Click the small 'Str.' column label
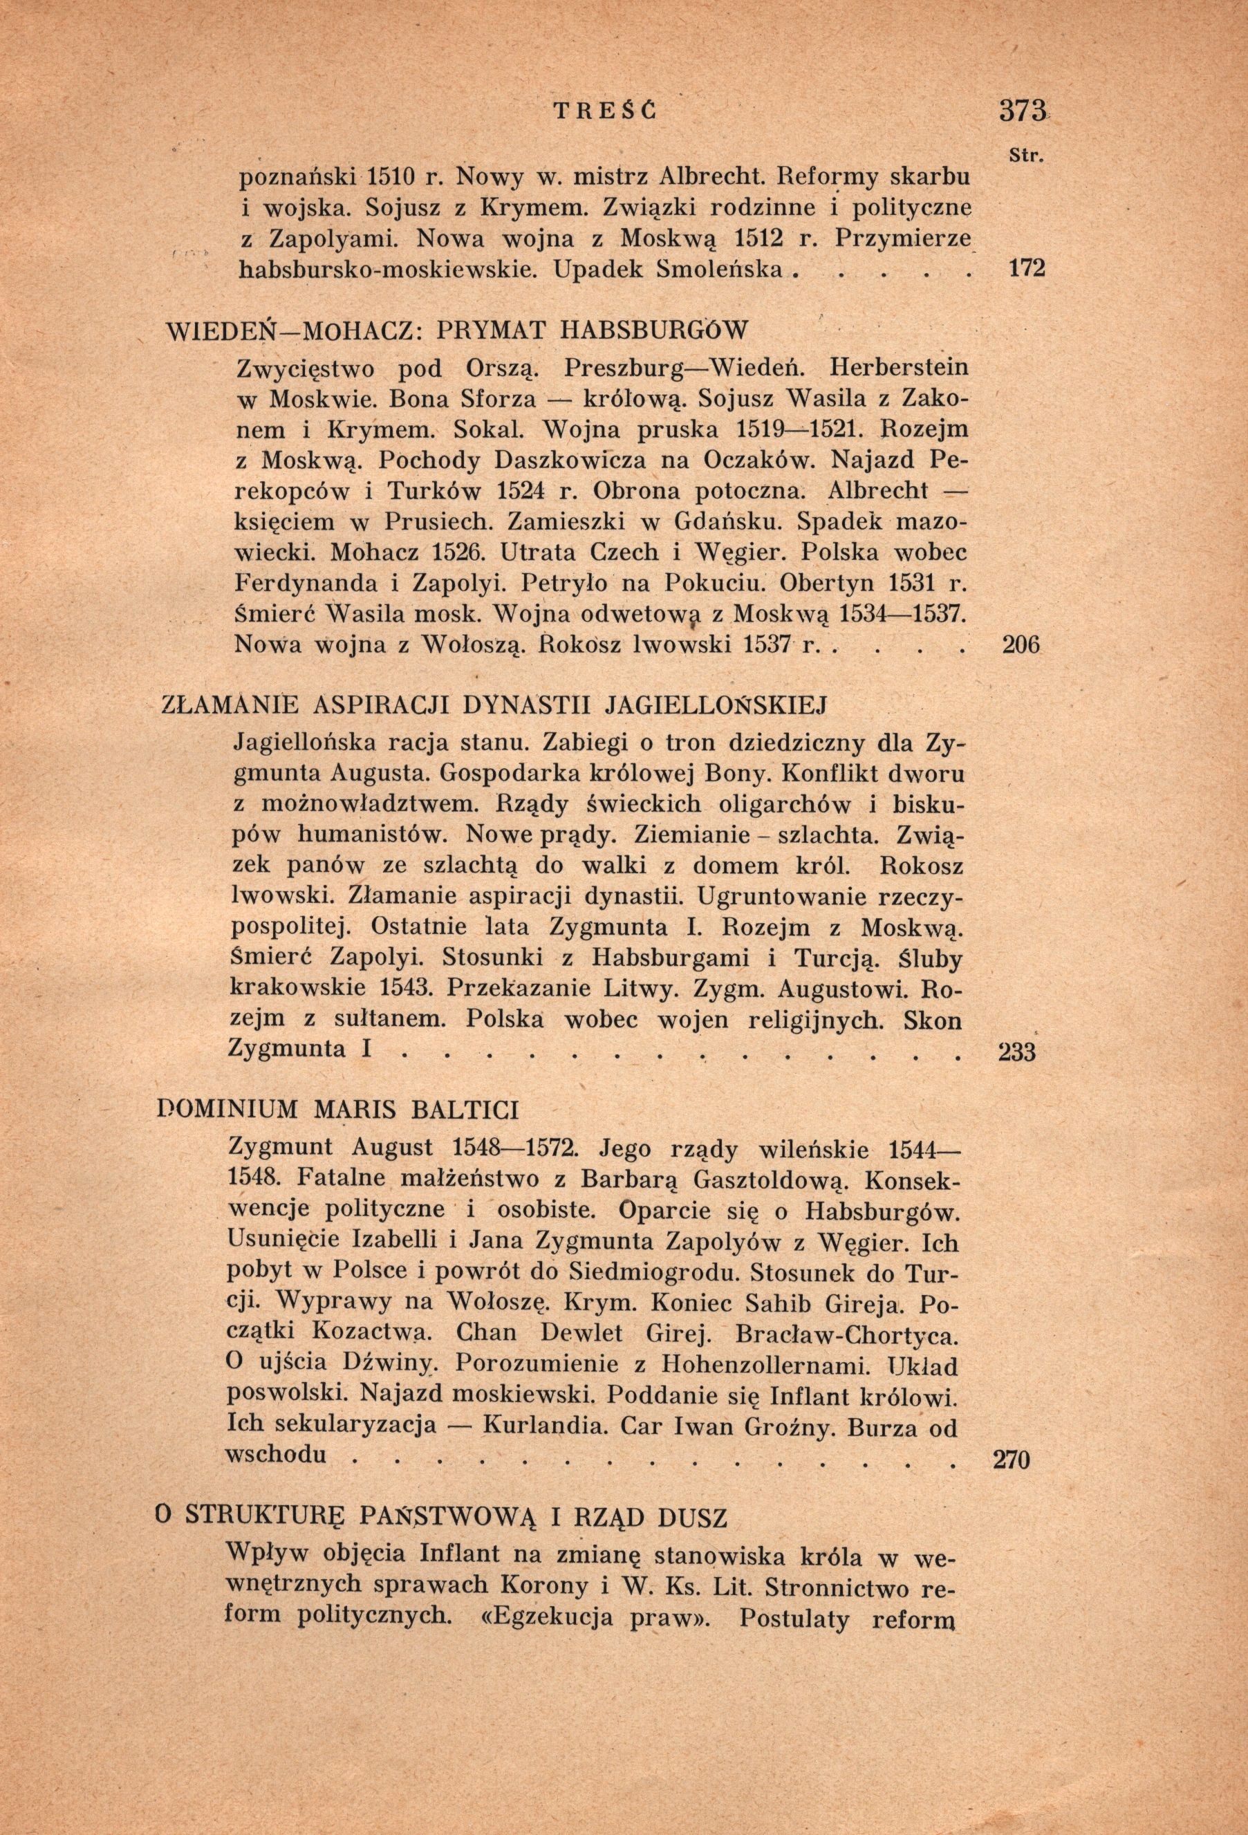[x=1027, y=156]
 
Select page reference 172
[x=1027, y=268]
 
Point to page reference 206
[x=1022, y=645]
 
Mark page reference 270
[x=1009, y=1460]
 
